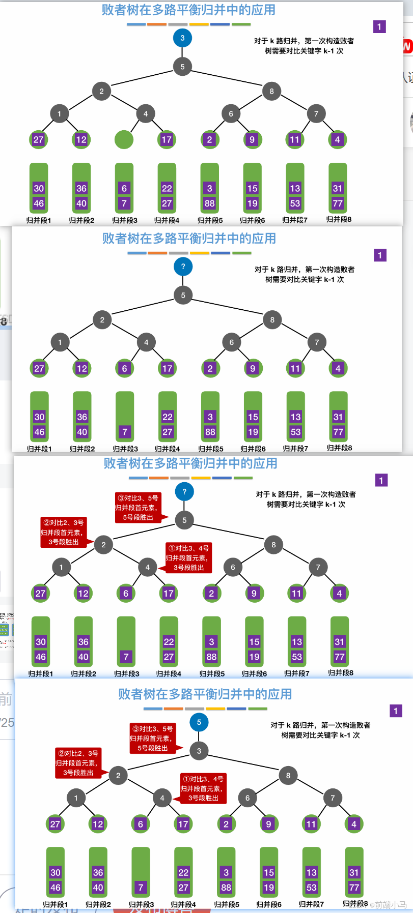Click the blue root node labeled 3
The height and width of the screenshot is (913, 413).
click(x=182, y=38)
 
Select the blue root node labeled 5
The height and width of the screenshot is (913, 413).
click(x=199, y=722)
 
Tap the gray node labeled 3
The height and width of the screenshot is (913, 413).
click(x=199, y=751)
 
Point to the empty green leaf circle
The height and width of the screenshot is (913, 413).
click(x=124, y=139)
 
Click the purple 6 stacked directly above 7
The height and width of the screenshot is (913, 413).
click(x=124, y=188)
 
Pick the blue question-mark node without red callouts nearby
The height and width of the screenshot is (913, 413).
click(x=183, y=266)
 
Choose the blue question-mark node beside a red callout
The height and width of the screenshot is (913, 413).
click(x=184, y=491)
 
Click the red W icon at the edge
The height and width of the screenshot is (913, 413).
click(x=407, y=46)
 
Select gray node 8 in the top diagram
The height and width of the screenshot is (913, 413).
click(x=271, y=92)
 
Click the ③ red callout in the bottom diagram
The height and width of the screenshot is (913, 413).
click(x=153, y=739)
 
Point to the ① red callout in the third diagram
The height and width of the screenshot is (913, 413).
click(x=188, y=558)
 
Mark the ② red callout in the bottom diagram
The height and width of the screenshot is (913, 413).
click(x=78, y=762)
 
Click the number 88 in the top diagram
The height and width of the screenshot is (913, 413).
click(x=209, y=203)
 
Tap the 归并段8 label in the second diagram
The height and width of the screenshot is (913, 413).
click(x=339, y=448)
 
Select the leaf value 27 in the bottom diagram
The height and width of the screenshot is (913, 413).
click(x=55, y=824)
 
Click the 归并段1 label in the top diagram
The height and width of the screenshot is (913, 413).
click(x=39, y=220)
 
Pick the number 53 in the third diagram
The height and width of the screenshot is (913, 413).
click(x=297, y=657)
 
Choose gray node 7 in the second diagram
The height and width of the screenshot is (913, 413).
click(x=317, y=342)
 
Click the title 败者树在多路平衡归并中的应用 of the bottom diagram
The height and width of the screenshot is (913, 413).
click(x=205, y=694)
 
